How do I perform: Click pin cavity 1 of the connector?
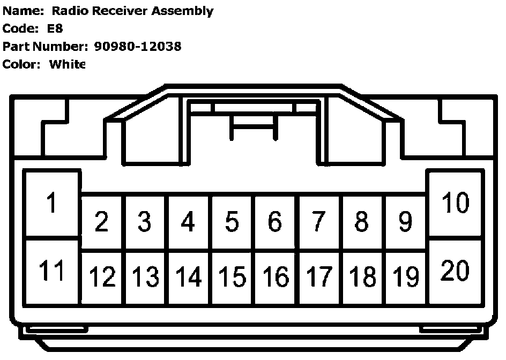52,204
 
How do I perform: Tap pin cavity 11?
52,272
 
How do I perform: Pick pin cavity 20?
455,271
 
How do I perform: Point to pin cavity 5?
232,221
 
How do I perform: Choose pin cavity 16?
276,277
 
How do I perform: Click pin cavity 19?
406,277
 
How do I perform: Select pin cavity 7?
318,221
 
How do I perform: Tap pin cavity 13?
145,277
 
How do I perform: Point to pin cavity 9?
406,221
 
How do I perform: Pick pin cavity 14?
189,277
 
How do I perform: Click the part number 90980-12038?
138,46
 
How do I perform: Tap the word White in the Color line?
67,64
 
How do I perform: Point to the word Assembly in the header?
182,11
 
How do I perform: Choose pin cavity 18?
362,277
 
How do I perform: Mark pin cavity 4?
188,221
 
